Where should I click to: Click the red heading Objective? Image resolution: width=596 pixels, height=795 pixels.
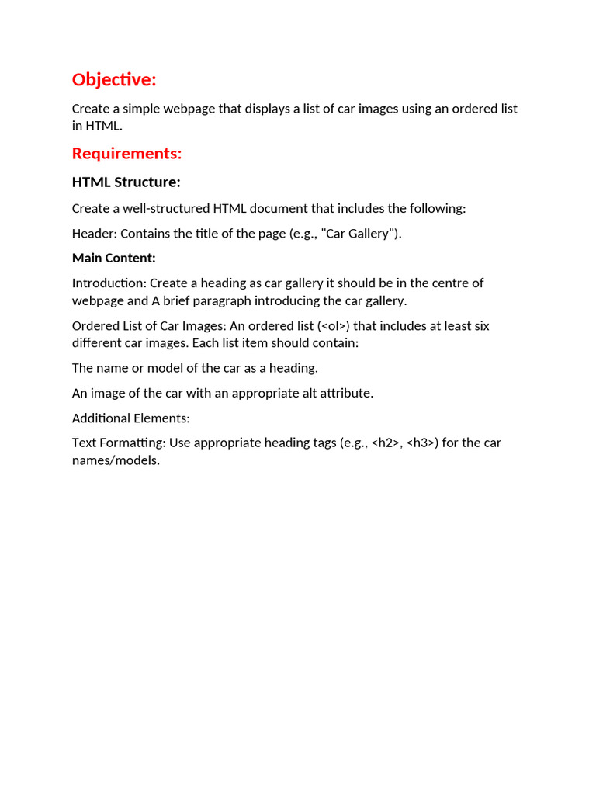point(114,80)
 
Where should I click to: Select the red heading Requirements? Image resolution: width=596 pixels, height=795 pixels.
point(126,154)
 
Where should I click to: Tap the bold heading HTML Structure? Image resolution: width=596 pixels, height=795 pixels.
point(126,182)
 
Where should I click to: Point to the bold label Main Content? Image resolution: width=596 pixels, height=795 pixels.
point(113,258)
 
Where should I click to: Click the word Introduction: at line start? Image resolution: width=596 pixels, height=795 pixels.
point(109,283)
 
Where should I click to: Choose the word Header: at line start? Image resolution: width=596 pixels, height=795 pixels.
point(94,234)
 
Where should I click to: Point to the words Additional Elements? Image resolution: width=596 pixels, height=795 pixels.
point(130,418)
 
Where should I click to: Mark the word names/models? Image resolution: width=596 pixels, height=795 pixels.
point(116,460)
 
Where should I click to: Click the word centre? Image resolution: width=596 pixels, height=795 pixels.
point(448,283)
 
